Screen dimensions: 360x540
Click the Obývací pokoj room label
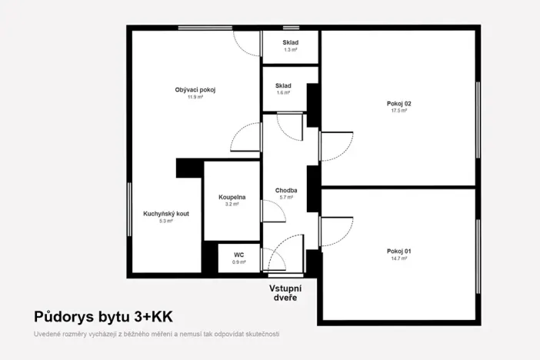pyautogui.click(x=195, y=90)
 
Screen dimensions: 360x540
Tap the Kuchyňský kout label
pyautogui.click(x=166, y=213)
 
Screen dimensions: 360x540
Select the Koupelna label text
pyautogui.click(x=232, y=198)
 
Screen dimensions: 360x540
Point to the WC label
pyautogui.click(x=238, y=255)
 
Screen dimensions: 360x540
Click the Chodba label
pyautogui.click(x=286, y=190)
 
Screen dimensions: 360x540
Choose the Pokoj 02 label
pyautogui.click(x=399, y=103)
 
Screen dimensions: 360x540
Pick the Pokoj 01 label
pyautogui.click(x=399, y=251)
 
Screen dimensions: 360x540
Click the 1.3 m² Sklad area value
pyautogui.click(x=290, y=50)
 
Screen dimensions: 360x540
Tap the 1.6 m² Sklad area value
pyautogui.click(x=283, y=92)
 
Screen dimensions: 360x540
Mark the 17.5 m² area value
pyautogui.click(x=399, y=111)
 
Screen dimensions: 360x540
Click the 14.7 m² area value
pyautogui.click(x=399, y=258)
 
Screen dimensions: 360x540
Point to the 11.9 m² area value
pyautogui.click(x=195, y=98)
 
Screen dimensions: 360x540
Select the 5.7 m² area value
pyautogui.click(x=286, y=198)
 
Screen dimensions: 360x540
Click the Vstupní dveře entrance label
pyautogui.click(x=284, y=292)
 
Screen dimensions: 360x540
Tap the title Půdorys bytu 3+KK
pyautogui.click(x=104, y=316)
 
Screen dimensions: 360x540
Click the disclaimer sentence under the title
pyautogui.click(x=156, y=334)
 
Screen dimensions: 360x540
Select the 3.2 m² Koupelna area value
pyautogui.click(x=232, y=205)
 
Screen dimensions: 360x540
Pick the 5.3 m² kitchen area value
pyautogui.click(x=166, y=221)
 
